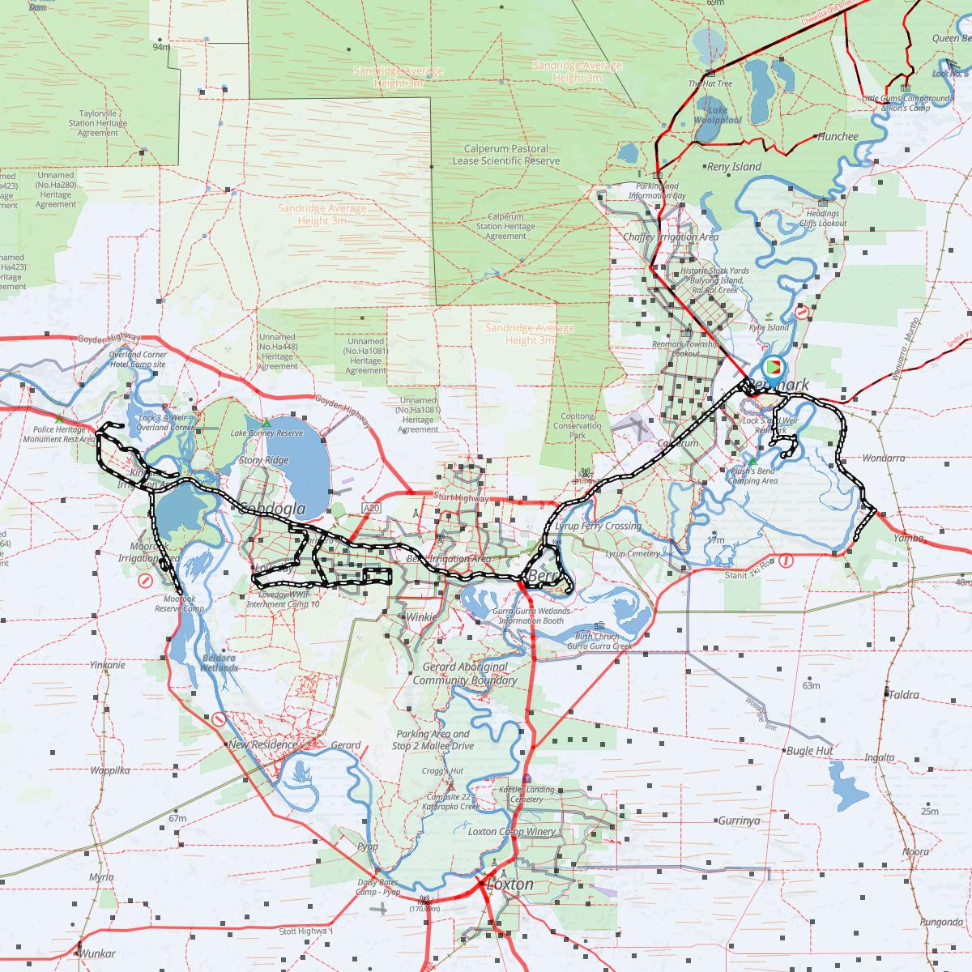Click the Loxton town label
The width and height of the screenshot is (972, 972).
point(509,885)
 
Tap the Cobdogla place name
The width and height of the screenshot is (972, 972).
point(271,509)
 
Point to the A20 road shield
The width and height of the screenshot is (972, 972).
point(372,508)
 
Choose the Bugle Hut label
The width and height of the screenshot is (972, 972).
point(809,751)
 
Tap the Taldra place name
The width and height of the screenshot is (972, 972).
point(903,695)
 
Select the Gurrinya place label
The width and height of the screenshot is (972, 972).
point(738,821)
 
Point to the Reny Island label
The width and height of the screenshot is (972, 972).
point(734,167)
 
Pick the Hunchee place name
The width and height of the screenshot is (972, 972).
point(837,137)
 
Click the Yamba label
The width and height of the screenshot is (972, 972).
point(907,537)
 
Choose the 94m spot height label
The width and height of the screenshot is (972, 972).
point(161,47)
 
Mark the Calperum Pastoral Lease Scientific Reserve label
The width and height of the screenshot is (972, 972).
point(506,155)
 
